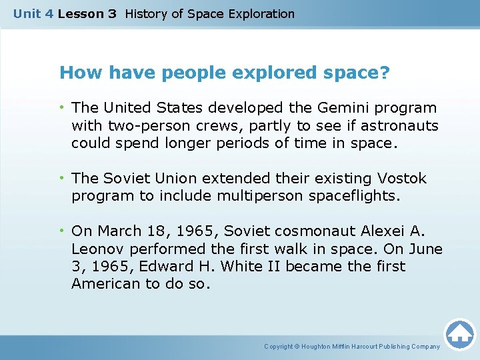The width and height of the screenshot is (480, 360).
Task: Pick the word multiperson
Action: pos(253,197)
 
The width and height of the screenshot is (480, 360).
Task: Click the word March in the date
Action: pos(119,231)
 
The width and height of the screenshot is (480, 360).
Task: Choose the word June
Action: pos(425,249)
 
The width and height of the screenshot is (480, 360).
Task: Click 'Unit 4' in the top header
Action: pos(33,13)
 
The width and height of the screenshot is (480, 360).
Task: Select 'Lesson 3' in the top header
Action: pos(87,13)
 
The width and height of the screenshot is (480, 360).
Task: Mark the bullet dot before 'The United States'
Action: pos(62,108)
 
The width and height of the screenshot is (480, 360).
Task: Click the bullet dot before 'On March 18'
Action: pos(62,231)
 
